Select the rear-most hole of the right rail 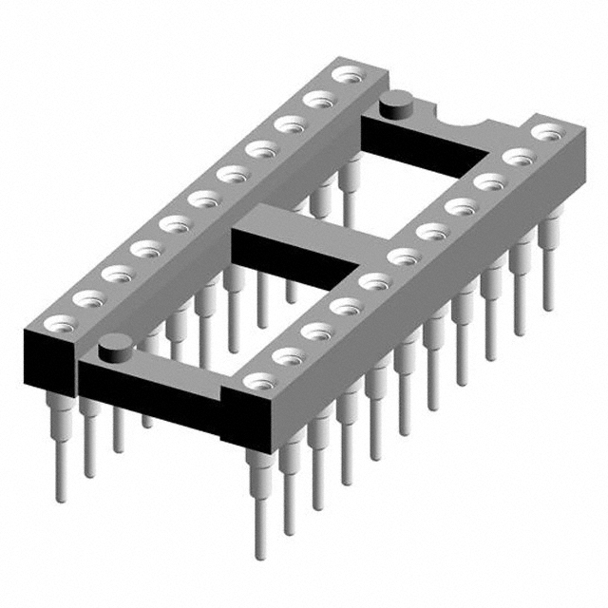pos(544,132)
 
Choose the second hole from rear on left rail pos(315,97)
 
